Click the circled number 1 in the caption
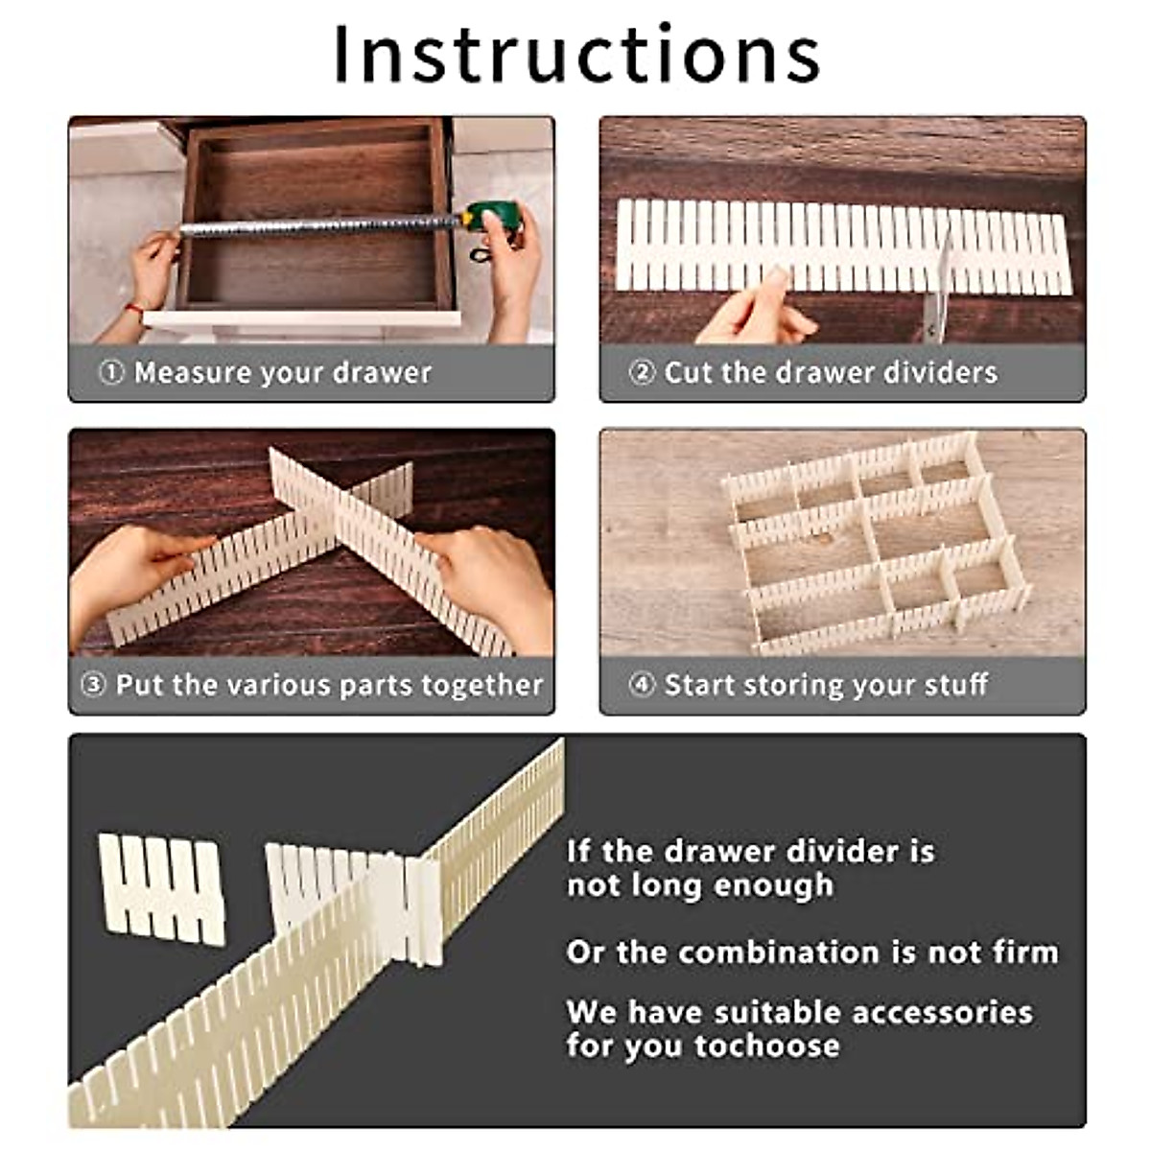111,372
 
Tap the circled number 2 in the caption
642,372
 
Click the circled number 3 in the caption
92,685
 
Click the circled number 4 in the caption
642,685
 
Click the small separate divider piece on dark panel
161,888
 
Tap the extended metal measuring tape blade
317,226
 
